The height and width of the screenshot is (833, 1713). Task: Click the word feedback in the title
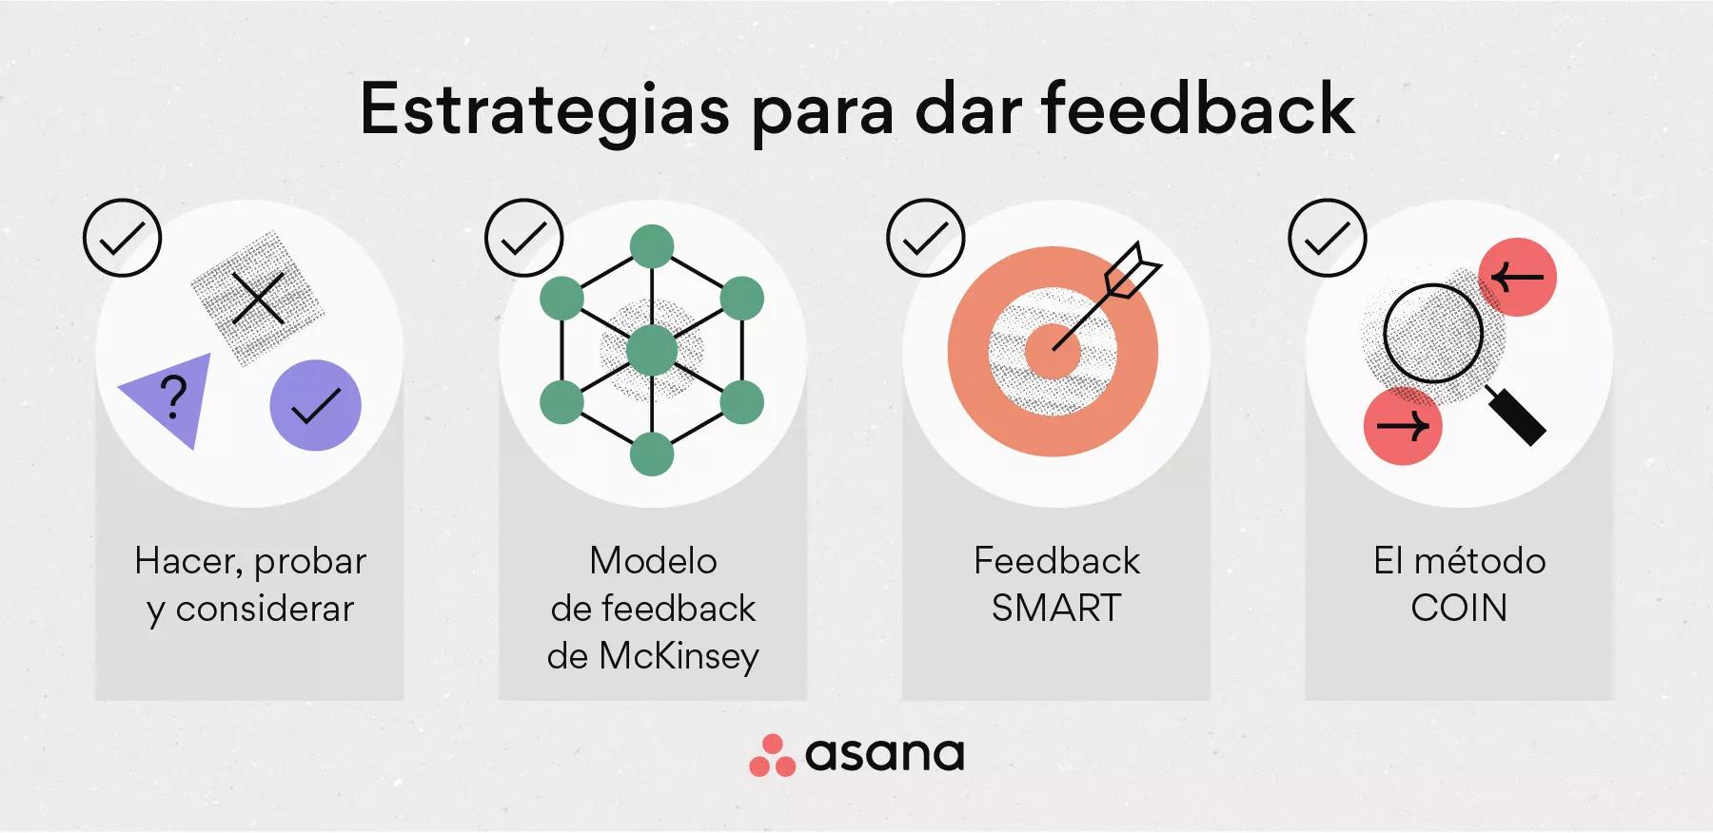pos(1197,110)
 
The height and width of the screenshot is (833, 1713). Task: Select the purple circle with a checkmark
pos(315,405)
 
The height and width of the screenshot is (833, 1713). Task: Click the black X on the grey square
pos(258,298)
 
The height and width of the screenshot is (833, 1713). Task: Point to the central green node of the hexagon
pos(652,350)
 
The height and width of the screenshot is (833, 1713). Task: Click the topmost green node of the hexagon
pos(652,247)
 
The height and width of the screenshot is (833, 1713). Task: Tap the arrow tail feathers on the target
pos(1134,267)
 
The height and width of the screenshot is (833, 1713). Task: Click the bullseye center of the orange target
pos(1053,350)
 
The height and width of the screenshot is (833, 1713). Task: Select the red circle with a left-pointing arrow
pos(1517,277)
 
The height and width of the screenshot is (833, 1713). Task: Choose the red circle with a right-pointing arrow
pos(1403,425)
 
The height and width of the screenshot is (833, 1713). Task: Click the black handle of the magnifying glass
pos(1517,416)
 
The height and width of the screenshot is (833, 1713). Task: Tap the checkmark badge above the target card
pos(925,238)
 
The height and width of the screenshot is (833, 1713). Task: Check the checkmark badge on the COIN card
pos(1327,238)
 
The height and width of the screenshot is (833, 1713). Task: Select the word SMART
pos(1056,609)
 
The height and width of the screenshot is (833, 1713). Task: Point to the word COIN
pos(1459,609)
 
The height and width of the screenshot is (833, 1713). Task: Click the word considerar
pos(265,609)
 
